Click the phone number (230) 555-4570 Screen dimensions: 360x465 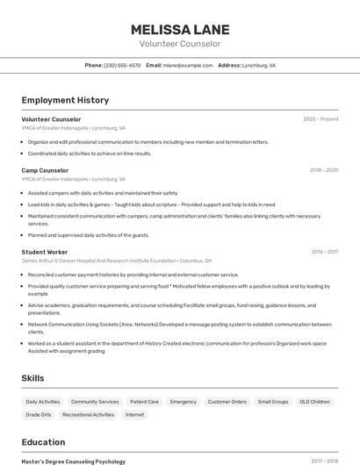coord(122,65)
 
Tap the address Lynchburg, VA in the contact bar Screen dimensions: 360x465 coord(259,65)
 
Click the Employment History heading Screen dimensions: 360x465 coord(65,100)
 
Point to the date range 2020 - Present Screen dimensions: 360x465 coord(320,119)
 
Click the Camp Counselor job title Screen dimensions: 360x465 coord(45,170)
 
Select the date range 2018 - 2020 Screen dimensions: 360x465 coord(323,170)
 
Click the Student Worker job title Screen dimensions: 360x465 coord(45,252)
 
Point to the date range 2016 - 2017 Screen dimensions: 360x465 coord(324,252)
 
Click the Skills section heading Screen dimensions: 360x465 coord(33,378)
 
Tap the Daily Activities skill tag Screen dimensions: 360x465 coord(43,402)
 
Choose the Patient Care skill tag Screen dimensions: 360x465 coord(144,402)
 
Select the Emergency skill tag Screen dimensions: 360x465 coord(184,402)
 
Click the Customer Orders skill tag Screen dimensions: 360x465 coord(227,402)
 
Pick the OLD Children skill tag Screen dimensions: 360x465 coord(314,402)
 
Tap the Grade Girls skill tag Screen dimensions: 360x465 coord(39,414)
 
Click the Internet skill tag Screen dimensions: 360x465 coord(134,414)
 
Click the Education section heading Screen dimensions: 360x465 coord(43,442)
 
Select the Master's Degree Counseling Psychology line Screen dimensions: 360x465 coord(73,461)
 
